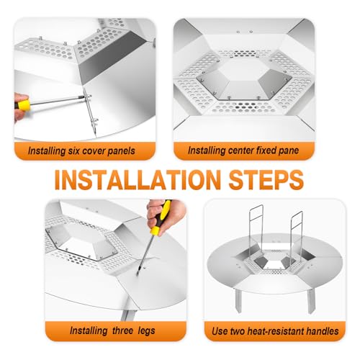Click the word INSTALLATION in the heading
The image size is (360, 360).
pos(138,180)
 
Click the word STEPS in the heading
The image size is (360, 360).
pos(266,180)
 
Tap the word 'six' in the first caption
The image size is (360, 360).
pos(73,151)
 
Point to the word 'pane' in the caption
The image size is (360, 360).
pos(289,151)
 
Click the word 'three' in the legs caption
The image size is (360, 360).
pos(122,330)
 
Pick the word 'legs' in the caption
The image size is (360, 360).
pos(146,331)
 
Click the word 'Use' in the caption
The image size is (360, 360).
pos(220,331)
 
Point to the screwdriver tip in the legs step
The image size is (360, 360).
pos(138,274)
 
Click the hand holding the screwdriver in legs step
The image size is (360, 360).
pos(166,216)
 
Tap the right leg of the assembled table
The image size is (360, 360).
pos(311,301)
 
